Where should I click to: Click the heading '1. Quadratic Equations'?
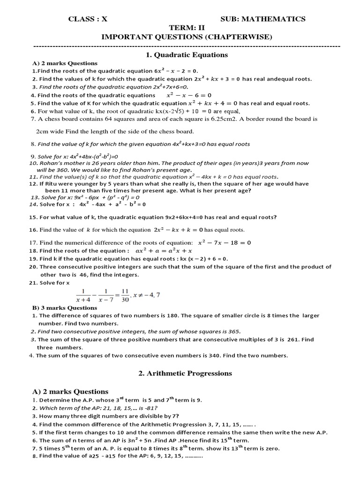(x=180, y=55)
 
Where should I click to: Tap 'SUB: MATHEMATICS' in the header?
(x=263, y=19)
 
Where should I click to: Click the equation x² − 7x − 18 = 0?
(x=225, y=243)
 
